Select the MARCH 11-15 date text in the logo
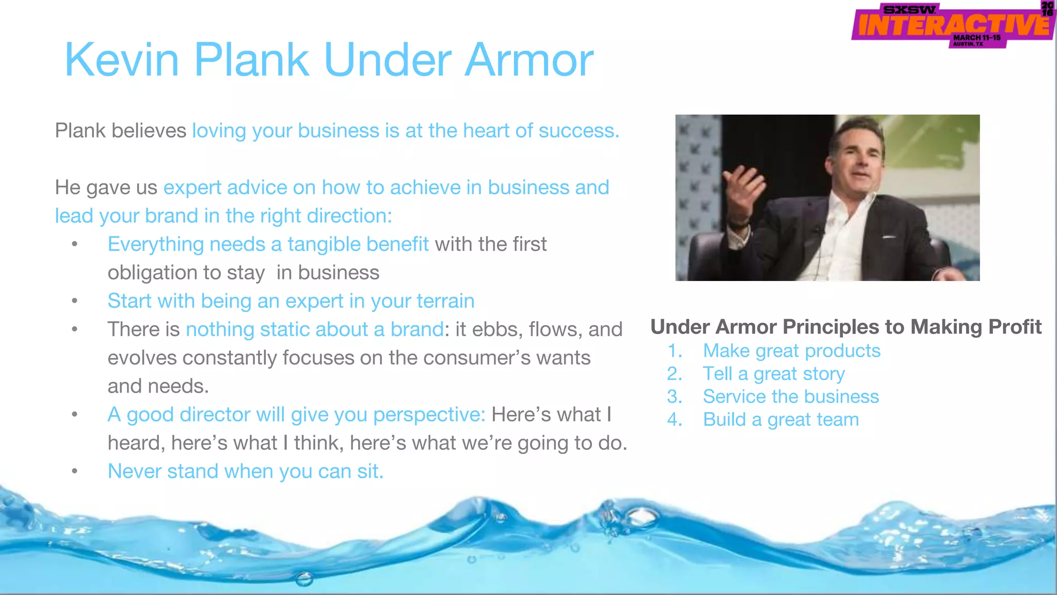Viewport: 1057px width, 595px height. point(976,38)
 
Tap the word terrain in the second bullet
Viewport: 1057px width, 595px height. point(445,301)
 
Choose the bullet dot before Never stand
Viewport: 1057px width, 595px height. point(75,471)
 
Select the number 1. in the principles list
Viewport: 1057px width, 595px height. point(675,351)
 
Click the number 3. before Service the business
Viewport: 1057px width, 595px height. point(675,397)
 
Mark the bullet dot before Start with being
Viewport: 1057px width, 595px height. point(75,301)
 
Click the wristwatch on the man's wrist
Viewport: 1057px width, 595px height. point(739,225)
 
